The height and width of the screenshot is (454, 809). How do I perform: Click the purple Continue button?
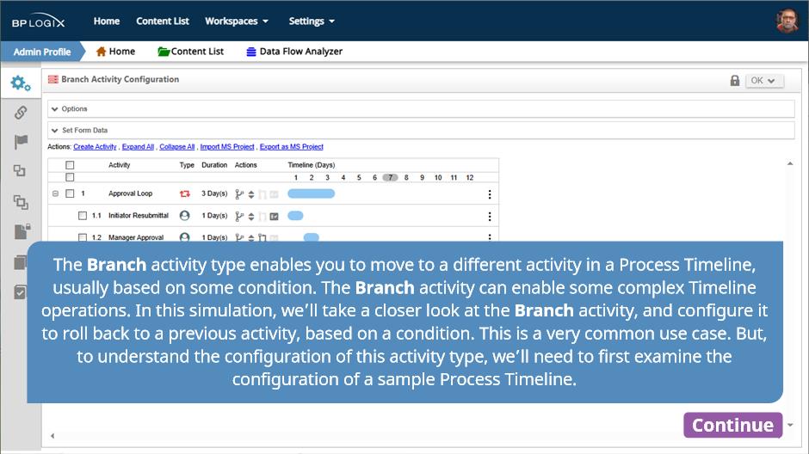point(732,425)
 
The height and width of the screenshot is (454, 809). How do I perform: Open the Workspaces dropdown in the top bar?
point(237,21)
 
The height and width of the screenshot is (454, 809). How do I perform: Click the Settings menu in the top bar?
point(312,21)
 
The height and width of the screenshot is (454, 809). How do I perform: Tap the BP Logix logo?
point(38,21)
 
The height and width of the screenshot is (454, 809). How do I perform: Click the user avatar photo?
point(787,21)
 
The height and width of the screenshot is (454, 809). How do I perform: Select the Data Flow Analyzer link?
point(294,52)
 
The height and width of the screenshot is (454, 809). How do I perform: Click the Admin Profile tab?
point(42,52)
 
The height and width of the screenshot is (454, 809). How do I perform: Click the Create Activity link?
point(95,147)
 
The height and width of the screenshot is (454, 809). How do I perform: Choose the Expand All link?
point(138,147)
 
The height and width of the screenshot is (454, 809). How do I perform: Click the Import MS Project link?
point(227,147)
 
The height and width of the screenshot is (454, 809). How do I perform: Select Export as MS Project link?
point(292,147)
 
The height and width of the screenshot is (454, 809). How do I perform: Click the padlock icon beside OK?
point(735,80)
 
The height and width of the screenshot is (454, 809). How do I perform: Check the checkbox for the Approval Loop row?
point(71,193)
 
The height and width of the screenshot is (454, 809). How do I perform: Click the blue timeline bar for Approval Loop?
point(311,193)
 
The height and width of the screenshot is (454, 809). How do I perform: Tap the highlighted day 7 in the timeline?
point(390,177)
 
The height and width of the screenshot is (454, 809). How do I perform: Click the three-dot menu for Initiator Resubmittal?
point(490,217)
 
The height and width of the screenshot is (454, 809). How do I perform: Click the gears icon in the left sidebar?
point(21,83)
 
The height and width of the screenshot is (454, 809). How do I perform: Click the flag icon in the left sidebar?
point(21,142)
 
